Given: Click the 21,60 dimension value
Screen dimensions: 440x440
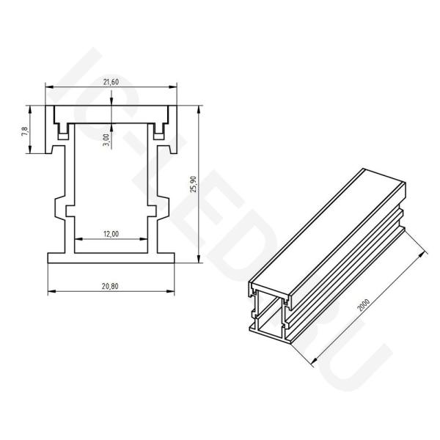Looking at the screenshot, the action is (x=111, y=82).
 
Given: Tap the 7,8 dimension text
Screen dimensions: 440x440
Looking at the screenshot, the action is (x=25, y=131).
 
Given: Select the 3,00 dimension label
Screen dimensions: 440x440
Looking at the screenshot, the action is (x=106, y=140).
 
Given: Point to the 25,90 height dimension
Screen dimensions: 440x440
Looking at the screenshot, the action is (x=194, y=184).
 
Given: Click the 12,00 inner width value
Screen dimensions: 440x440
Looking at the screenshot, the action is (x=111, y=234).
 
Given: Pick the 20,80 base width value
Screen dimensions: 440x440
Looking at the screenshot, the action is (x=110, y=286).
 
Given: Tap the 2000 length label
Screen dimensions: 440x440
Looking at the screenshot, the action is (x=364, y=305).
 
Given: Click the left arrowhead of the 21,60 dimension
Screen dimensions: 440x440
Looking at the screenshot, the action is (x=49, y=87).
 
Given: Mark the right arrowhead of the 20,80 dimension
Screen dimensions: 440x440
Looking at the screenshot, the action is (x=171, y=291).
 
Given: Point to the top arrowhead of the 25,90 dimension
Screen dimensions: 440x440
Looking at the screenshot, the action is (x=199, y=110).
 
